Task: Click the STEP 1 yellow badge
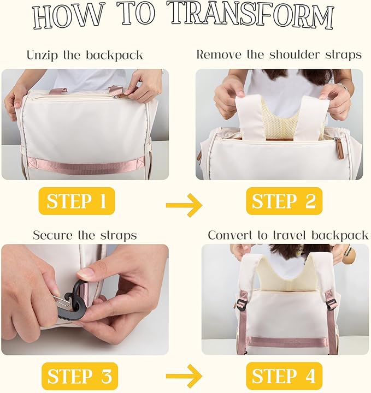[x=76, y=201]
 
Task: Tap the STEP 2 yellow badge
[x=284, y=201]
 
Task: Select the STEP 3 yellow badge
[x=80, y=376]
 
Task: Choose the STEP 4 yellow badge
[x=284, y=376]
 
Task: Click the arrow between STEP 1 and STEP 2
[x=184, y=205]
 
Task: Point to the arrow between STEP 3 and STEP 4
[x=184, y=376]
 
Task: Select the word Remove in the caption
[x=218, y=55]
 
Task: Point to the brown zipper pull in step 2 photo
[x=338, y=151]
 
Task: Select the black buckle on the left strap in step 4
[x=242, y=304]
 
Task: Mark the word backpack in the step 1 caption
[x=115, y=55]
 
